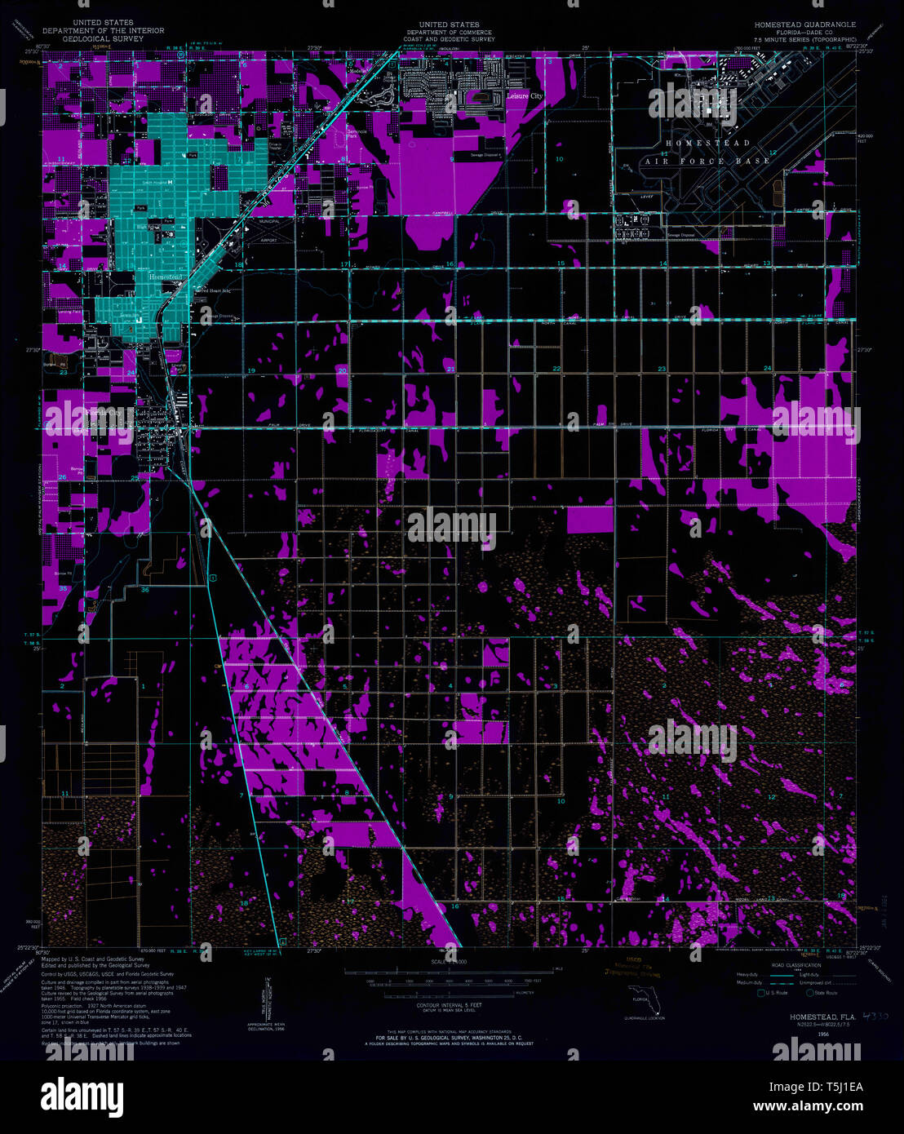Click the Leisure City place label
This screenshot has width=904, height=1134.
click(x=525, y=96)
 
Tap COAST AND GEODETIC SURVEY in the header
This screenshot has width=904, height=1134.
click(x=449, y=38)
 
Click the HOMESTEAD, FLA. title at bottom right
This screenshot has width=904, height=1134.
click(x=820, y=1016)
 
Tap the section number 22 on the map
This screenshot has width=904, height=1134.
click(x=556, y=370)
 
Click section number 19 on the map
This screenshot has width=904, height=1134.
click(x=251, y=372)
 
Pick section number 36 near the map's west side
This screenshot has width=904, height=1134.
click(x=144, y=589)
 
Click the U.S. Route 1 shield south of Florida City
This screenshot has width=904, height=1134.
click(x=211, y=578)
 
